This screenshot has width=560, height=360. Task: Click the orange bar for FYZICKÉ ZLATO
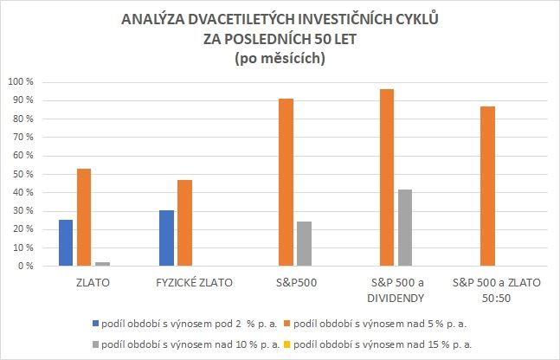pos(184,222)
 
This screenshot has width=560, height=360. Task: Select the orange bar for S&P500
pos(286,183)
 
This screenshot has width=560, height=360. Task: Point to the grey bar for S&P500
pos(304,244)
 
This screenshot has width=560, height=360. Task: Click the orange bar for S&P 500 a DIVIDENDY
pos(386,177)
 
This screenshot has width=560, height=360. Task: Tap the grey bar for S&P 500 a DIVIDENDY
pos(404,228)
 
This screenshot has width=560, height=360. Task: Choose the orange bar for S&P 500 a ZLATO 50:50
pos(487,186)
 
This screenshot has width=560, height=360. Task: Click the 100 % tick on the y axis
pos(20,82)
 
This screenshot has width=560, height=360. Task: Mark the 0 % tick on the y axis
pos(25,267)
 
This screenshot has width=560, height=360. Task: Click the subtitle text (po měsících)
pos(280,59)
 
